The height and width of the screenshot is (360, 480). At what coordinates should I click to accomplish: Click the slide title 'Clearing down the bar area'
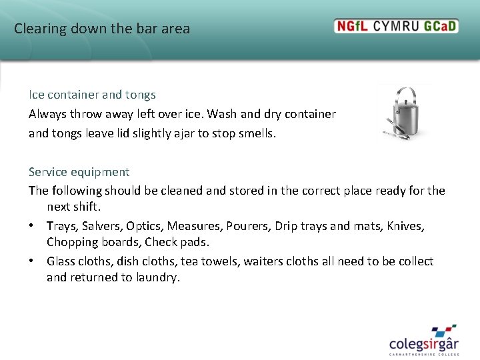[102, 29]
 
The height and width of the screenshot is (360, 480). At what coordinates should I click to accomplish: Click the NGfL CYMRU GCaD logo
[396, 26]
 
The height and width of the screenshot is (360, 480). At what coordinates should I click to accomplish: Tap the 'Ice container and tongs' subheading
[92, 95]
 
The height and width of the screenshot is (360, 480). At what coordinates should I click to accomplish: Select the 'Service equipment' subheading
[79, 172]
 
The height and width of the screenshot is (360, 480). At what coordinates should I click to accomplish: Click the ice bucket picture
[404, 113]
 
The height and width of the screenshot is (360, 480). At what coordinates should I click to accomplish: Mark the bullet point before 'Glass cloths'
[32, 261]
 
